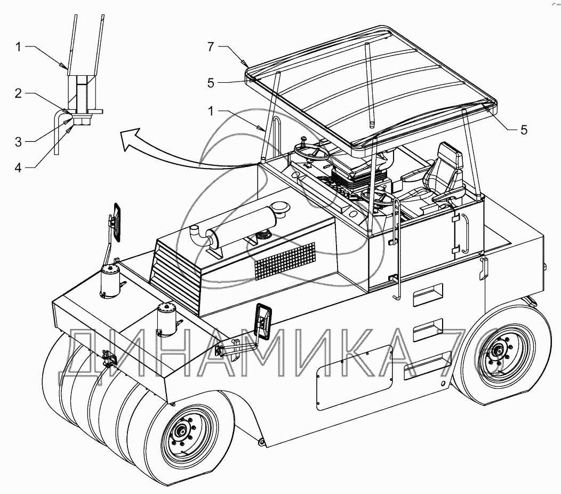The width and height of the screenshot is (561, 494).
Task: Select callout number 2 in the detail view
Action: [x=18, y=94]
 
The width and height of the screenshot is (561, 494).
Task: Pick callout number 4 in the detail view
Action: [x=18, y=167]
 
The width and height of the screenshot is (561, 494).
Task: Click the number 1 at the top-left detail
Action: [x=18, y=47]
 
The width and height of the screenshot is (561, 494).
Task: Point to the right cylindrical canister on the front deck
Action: [x=167, y=318]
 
